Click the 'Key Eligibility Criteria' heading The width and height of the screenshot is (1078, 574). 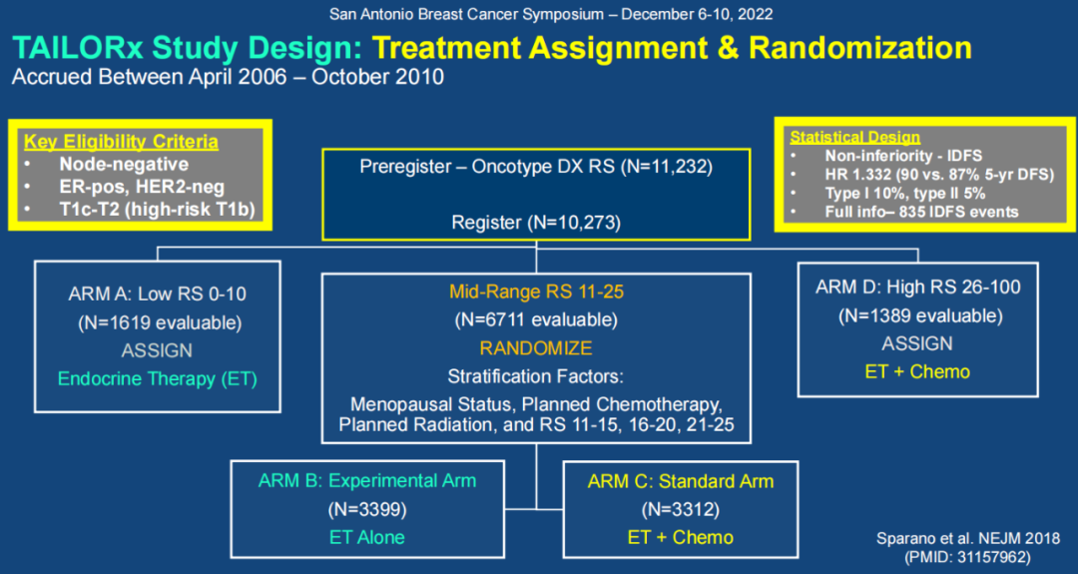121,142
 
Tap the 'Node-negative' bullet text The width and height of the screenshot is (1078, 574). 123,164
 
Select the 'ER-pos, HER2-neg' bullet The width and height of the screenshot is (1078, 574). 141,186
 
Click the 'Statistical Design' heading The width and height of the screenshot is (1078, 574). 854,137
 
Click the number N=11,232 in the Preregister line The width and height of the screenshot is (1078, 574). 666,167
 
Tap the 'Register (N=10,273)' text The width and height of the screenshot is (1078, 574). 536,223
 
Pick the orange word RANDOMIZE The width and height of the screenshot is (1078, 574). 535,348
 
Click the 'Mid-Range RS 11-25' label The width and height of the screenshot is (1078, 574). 536,292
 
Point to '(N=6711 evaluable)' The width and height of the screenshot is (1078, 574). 536,320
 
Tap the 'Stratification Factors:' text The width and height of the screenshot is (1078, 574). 536,377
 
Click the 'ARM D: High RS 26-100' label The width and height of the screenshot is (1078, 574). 916,287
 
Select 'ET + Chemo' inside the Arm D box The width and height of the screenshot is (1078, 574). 916,371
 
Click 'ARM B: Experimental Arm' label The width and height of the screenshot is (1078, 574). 367,481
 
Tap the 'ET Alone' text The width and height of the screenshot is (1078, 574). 367,537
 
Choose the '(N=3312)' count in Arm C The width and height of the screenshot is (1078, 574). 680,509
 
